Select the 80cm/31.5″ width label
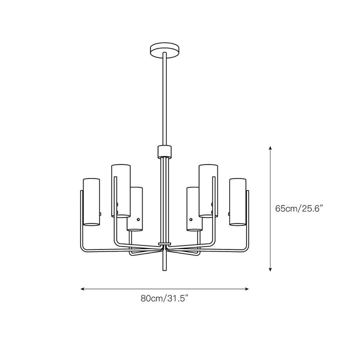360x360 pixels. (164, 298)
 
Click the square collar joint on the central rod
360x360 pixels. (164, 151)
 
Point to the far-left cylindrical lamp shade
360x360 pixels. (91, 202)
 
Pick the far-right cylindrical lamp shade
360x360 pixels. (237, 202)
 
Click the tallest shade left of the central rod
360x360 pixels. (121, 190)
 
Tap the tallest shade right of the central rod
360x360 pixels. (208, 190)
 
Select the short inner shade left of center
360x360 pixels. (135, 209)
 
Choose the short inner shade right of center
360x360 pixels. (194, 209)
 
